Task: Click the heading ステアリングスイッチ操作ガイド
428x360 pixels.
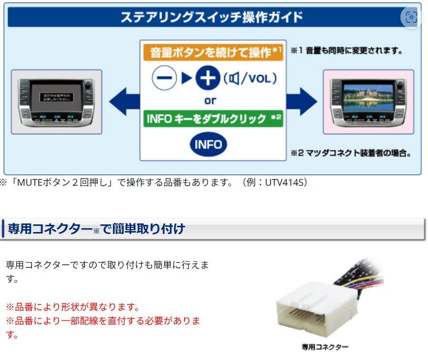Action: tap(211, 17)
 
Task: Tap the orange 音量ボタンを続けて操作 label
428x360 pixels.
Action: tap(212, 52)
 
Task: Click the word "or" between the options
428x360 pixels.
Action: tap(210, 101)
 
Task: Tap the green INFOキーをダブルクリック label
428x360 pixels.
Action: tap(212, 118)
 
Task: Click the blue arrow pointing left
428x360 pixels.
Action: tap(123, 101)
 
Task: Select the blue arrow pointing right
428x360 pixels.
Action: tap(301, 101)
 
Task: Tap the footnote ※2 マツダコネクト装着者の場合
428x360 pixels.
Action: tap(351, 153)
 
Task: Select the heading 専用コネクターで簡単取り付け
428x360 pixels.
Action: tap(96, 229)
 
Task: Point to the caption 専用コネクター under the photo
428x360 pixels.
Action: tap(324, 347)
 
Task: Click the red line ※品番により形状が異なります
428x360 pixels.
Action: tap(73, 306)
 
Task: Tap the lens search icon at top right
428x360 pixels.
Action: tap(411, 18)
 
